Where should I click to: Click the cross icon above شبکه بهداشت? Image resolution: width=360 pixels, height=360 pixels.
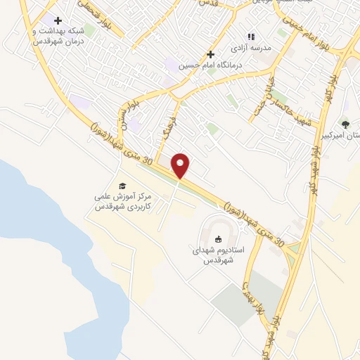coord(58,21)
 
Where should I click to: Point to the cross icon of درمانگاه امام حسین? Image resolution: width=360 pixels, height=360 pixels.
coord(210,54)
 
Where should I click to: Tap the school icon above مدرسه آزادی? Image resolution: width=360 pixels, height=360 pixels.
coord(250,37)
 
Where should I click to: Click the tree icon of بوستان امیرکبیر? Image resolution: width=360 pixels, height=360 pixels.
coord(345,124)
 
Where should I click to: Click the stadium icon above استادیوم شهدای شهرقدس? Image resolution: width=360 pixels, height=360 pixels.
coord(218,239)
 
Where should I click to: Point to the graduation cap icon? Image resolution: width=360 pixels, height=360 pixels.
coord(123,186)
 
